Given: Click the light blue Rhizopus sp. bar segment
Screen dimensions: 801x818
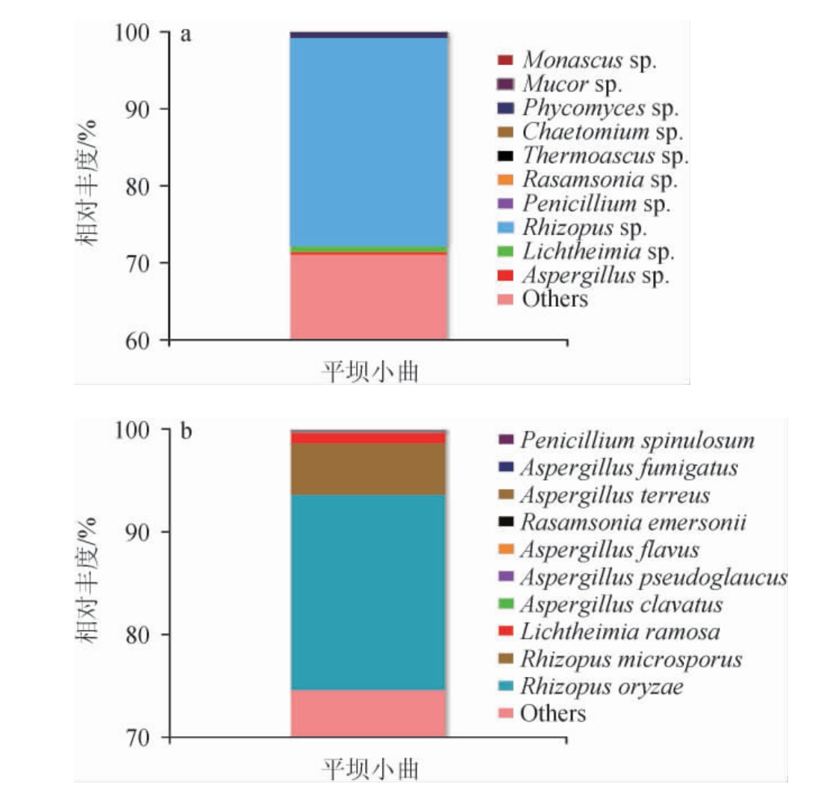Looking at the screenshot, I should (x=369, y=142).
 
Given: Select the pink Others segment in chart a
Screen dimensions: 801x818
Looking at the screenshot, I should (x=369, y=297).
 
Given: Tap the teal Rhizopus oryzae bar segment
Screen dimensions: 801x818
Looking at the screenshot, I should (x=369, y=592).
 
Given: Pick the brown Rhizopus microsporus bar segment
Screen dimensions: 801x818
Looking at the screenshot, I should (x=369, y=469).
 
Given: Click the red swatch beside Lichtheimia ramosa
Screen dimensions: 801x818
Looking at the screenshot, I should (x=505, y=632).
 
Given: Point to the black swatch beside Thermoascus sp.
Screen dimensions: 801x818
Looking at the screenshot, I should (x=505, y=156).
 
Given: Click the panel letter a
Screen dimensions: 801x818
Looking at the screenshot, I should (x=186, y=35).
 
